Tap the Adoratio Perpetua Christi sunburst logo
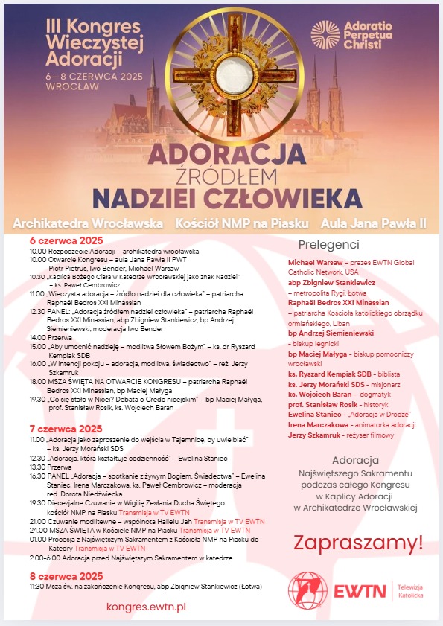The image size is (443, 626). coord(325,34)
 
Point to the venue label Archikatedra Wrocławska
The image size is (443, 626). coord(88,223)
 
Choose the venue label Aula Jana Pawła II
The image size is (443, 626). coord(373,223)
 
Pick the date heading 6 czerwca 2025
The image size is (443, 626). coord(66,240)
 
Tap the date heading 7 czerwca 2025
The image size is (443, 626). coord(66,429)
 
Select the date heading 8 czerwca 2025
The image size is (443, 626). coord(66,575)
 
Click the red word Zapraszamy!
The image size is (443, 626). coord(358,542)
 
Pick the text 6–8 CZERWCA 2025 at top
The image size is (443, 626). coord(84,77)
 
